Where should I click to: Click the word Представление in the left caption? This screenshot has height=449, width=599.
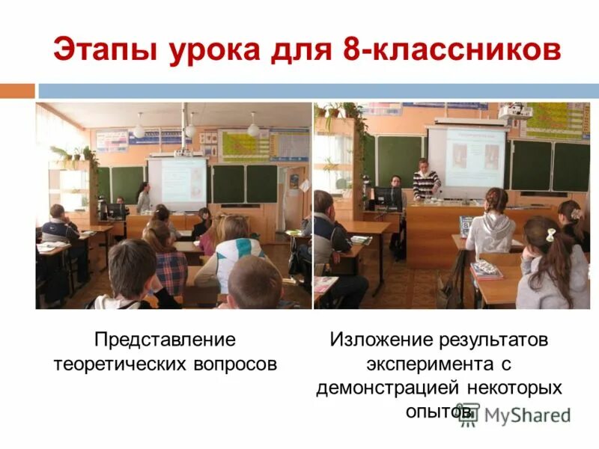[x=165, y=340]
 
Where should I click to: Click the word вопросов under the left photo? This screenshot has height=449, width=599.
[x=237, y=364]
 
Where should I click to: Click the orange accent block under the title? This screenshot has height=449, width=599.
[x=17, y=91]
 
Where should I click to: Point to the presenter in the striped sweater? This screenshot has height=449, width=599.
[x=426, y=181]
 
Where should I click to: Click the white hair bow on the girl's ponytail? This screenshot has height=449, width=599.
[x=551, y=234]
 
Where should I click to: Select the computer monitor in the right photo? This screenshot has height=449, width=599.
[x=387, y=198]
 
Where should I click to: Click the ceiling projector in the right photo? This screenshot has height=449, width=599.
[x=514, y=112]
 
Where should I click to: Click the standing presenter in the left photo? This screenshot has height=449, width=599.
[x=142, y=198]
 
